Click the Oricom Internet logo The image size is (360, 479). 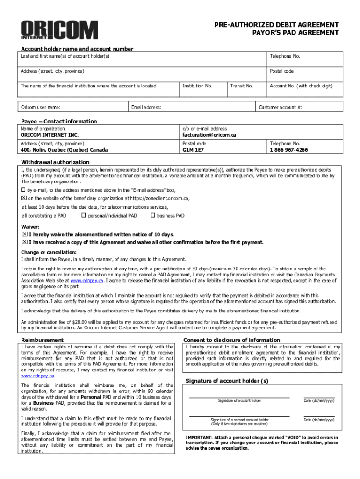tap(59, 30)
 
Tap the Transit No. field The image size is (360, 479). tap(246, 89)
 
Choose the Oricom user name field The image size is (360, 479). tap(72, 108)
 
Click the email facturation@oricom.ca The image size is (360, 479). tap(209, 135)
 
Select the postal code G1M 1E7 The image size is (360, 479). tap(194, 150)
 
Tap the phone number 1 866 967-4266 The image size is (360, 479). tap(288, 150)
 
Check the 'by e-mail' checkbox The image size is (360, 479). tap(23, 190)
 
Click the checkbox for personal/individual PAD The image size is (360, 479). tap(84, 216)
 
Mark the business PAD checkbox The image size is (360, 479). tap(152, 216)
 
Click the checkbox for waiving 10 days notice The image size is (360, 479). tap(24, 234)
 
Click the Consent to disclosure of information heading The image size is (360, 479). tap(231, 340)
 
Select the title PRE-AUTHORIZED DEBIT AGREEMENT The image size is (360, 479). tap(276, 25)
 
